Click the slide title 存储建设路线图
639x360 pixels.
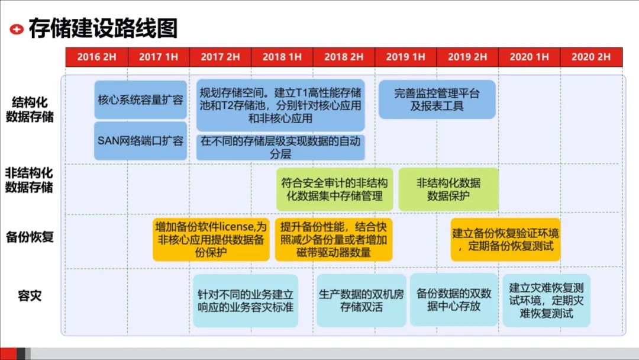tap(103, 28)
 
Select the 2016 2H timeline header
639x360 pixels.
tap(96, 57)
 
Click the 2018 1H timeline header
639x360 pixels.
tap(282, 57)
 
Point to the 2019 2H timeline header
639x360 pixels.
tap(467, 57)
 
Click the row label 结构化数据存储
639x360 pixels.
tap(30, 108)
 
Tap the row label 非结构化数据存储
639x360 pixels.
tap(30, 180)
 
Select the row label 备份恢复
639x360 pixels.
tap(30, 237)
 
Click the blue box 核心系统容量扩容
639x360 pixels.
tap(140, 99)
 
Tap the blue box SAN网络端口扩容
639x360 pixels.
tap(140, 141)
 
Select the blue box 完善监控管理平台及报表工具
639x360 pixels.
tap(437, 99)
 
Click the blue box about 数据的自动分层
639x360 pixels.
tap(280, 147)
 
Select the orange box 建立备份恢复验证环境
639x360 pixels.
tap(505, 239)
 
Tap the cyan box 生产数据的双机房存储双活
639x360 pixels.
tap(361, 300)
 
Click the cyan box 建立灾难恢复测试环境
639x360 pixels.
tap(546, 300)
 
